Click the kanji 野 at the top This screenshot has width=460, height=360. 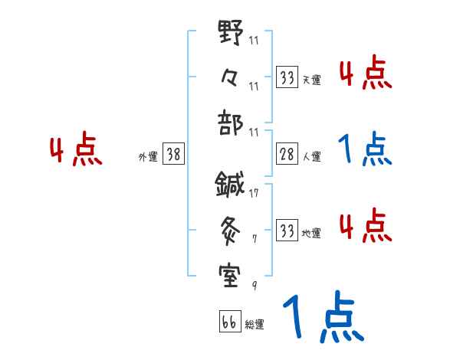coord(231,34)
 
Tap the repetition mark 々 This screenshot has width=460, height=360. coord(231,77)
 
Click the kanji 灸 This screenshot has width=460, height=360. coord(231,227)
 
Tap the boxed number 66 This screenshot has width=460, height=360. coord(229,322)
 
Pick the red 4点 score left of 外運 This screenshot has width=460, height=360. coord(76,152)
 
